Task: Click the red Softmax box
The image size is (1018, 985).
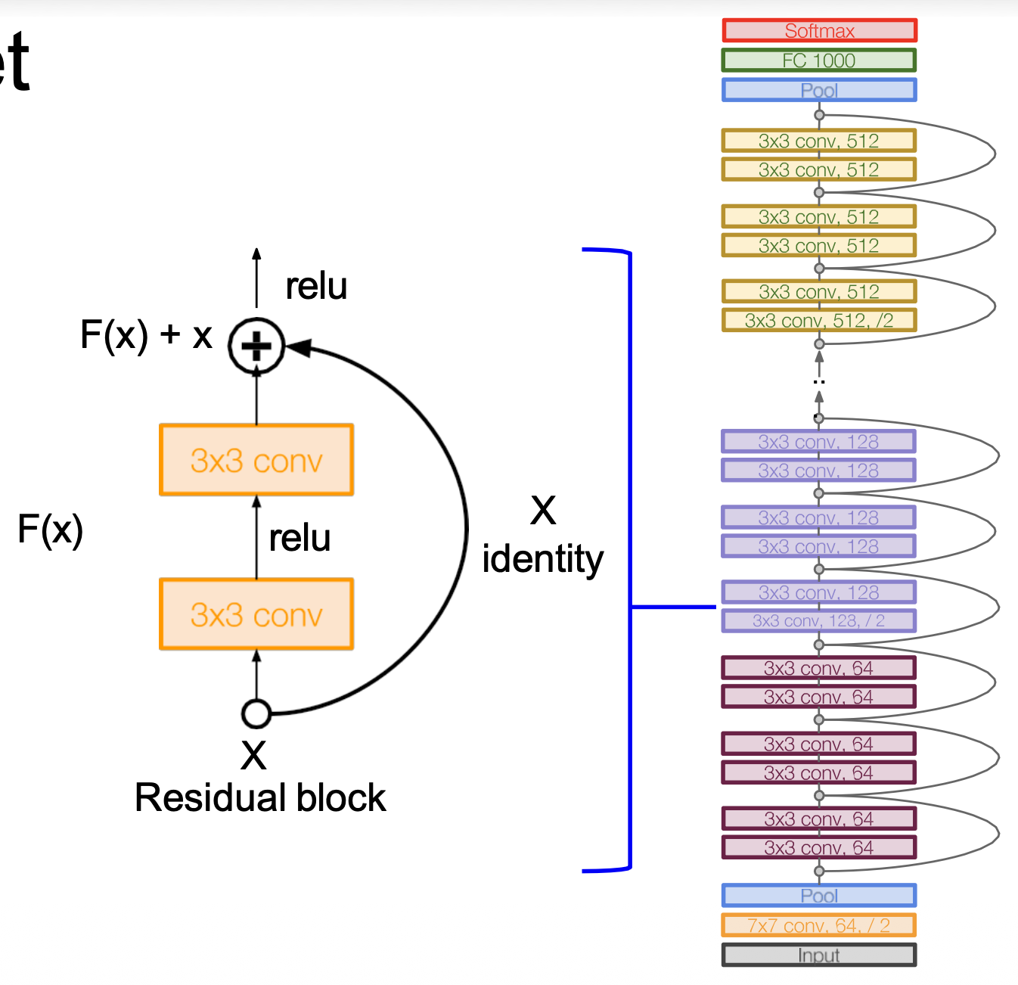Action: (x=819, y=31)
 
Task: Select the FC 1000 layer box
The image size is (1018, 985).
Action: (x=819, y=61)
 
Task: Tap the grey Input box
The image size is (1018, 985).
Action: (x=819, y=955)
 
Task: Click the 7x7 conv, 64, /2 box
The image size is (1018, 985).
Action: (x=819, y=925)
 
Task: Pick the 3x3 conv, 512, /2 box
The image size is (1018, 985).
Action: (x=819, y=321)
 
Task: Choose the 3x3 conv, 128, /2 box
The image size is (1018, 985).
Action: (x=819, y=621)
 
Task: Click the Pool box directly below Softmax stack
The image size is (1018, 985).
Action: (x=819, y=90)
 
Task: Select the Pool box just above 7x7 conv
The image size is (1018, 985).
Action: (x=819, y=896)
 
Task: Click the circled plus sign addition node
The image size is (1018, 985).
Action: (x=256, y=346)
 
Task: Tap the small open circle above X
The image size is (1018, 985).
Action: (x=256, y=713)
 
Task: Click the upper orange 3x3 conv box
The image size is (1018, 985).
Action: (x=256, y=460)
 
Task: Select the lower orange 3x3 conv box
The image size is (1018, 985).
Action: (x=256, y=614)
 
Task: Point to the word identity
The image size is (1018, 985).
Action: (x=542, y=559)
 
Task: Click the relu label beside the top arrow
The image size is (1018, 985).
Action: (x=316, y=286)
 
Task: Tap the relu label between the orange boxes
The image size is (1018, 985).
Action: (x=300, y=538)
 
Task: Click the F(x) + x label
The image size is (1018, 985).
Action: (x=146, y=334)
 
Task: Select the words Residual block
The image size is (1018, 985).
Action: (x=260, y=798)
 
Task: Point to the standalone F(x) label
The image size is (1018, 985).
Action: (x=50, y=529)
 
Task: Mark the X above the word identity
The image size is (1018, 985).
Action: (x=543, y=511)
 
